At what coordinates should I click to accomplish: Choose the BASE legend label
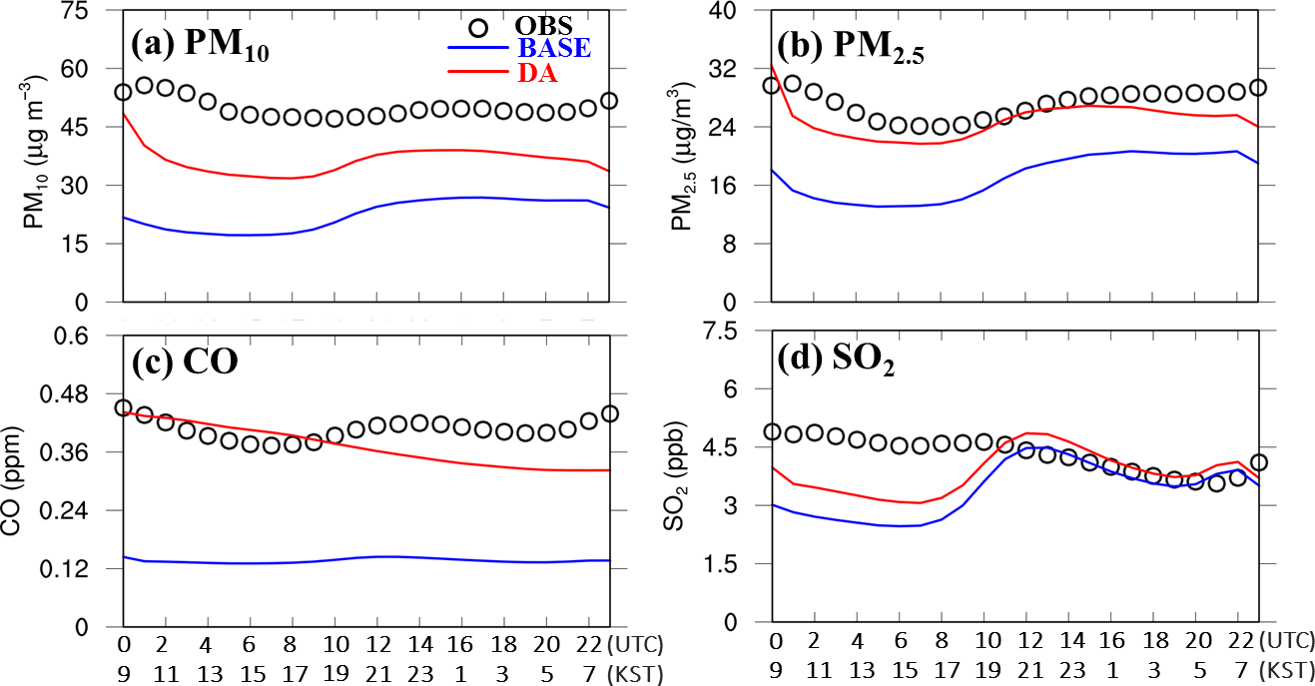click(553, 46)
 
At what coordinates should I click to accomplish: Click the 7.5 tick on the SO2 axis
click(739, 332)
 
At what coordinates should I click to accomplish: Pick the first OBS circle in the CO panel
click(124, 407)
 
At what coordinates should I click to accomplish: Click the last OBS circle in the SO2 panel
click(1260, 462)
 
